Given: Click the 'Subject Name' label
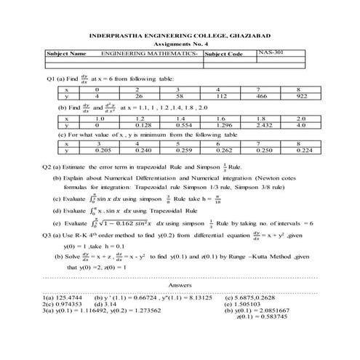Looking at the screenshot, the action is (x=66, y=54).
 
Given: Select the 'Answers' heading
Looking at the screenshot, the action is (x=180, y=286).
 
